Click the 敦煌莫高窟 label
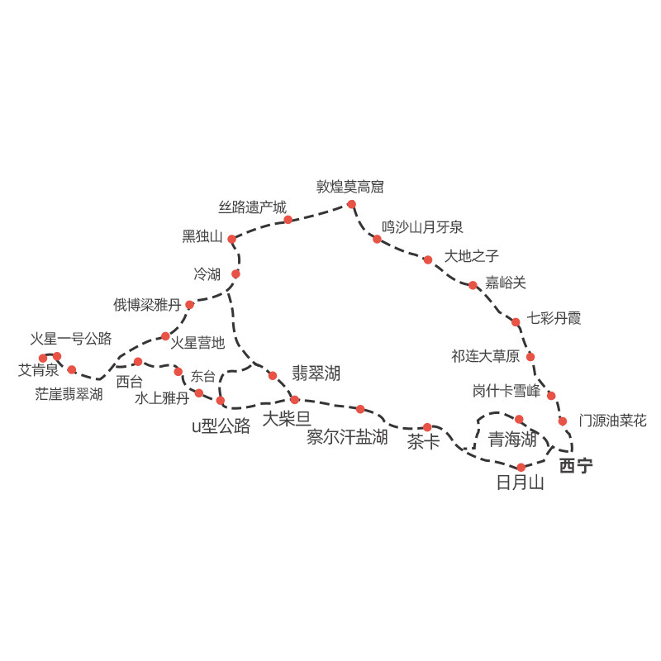coord(350,187)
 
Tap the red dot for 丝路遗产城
coord(288,220)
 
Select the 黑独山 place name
coord(202,237)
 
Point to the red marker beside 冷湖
coord(235,273)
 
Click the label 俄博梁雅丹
coord(148,305)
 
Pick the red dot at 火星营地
coord(165,336)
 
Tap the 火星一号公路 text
coord(71,339)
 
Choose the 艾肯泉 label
coord(38,370)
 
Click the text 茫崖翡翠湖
coord(69,394)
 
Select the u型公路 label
coord(221,426)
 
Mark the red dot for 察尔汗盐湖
coord(360,409)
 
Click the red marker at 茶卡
coord(427,427)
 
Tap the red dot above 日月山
coord(521,468)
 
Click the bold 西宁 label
coord(576,466)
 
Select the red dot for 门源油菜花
coord(563,421)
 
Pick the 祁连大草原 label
coord(485,357)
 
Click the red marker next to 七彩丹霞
coord(516,322)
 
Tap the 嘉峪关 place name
coord(506,283)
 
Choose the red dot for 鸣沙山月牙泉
coord(377,239)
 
